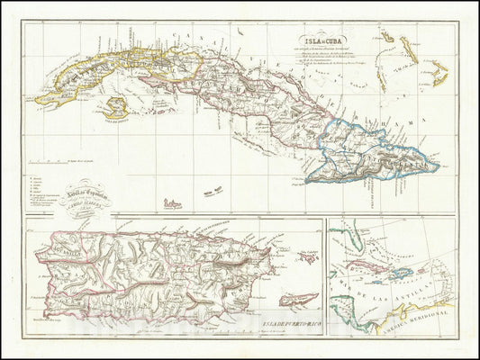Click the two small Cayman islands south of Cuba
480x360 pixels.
point(212,191)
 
